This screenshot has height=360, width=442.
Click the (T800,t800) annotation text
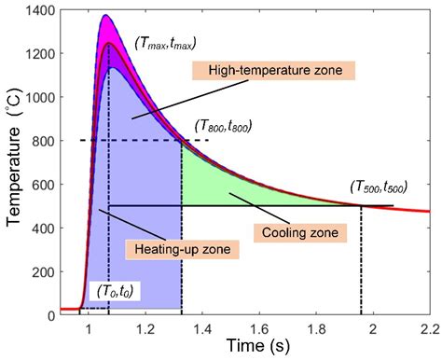point(222,124)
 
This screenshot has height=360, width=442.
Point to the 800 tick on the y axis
point(44,141)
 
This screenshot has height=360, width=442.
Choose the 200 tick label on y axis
point(44,271)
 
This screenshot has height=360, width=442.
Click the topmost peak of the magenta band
point(104,15)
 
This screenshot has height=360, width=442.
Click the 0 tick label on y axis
point(50,315)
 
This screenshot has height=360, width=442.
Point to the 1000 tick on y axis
point(40,97)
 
